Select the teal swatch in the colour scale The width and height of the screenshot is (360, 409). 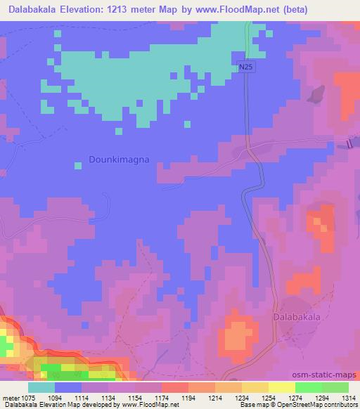click(x=41, y=387)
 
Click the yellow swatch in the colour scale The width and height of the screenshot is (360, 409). click(x=282, y=387)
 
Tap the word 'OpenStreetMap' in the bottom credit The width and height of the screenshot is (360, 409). click(x=282, y=404)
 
